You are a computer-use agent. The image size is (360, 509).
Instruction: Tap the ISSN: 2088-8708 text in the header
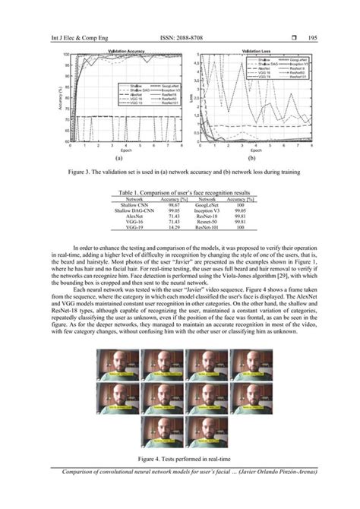coord(179,37)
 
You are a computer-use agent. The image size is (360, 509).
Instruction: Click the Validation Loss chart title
coord(258,52)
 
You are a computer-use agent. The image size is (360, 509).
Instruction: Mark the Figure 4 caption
coord(180,459)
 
